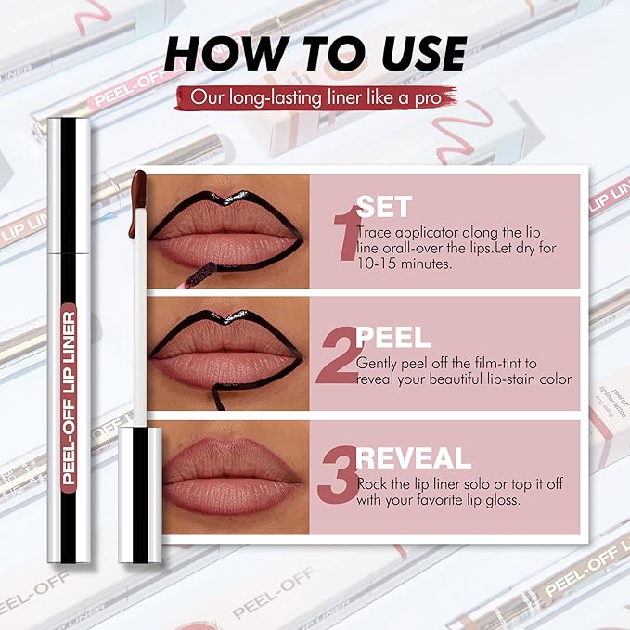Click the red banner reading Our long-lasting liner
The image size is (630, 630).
(x=315, y=96)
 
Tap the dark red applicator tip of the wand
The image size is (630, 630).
(x=138, y=189)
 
